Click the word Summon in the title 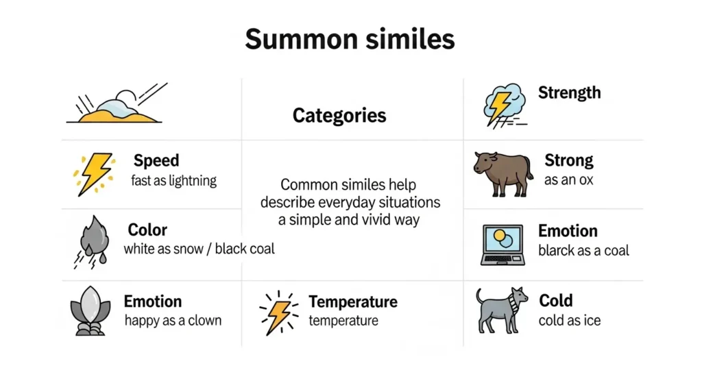[x=302, y=39]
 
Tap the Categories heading [x=339, y=115]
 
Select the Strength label [x=570, y=92]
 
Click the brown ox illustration [x=503, y=173]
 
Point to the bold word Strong [x=568, y=160]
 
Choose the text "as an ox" [x=568, y=180]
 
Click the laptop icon [x=503, y=245]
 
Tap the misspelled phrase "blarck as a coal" [x=583, y=251]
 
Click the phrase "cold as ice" [x=570, y=321]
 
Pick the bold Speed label [x=156, y=160]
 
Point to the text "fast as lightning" [x=173, y=181]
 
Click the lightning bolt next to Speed [x=95, y=173]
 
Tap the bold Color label [x=147, y=230]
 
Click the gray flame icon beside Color [x=93, y=242]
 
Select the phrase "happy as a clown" [x=173, y=321]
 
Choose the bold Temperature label [x=353, y=301]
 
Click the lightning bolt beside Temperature [x=278, y=312]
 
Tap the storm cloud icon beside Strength [x=505, y=106]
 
